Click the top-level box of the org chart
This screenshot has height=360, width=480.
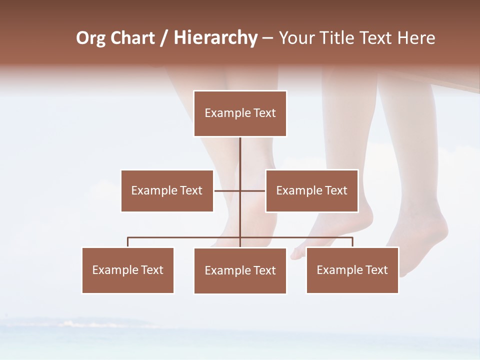[240, 113]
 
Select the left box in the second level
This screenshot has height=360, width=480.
[167, 190]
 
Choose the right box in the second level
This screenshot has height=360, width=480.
[311, 190]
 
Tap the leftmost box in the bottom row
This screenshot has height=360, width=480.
[128, 270]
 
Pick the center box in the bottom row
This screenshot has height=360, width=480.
[240, 270]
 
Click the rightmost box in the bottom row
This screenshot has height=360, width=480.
[352, 270]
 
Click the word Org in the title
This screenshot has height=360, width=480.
[90, 38]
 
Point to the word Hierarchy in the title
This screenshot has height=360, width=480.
[215, 38]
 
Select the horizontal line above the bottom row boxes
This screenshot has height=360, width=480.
[185, 237]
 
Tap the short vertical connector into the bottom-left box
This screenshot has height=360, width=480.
[128, 242]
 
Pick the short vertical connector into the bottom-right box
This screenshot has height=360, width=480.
[352, 242]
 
